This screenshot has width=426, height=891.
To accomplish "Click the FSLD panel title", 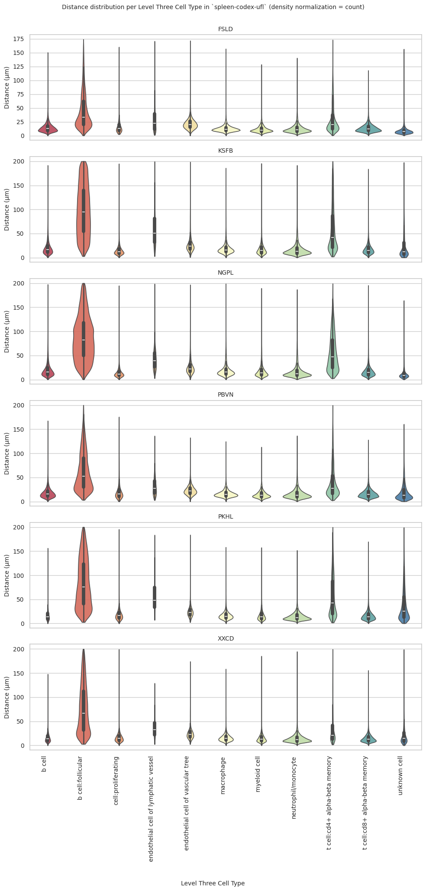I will tap(226, 29).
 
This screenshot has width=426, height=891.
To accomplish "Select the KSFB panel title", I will tap(226, 151).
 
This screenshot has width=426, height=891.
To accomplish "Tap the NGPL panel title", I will tap(226, 272).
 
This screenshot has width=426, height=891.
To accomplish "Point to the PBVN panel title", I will tap(226, 394).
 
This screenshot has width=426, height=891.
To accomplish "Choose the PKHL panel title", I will tap(226, 516).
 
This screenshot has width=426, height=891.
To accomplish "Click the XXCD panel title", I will tap(226, 638).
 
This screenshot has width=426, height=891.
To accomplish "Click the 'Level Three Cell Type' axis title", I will tap(213, 880).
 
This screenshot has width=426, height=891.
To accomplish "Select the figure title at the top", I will tap(213, 7).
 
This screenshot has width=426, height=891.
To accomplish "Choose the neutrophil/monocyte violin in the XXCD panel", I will tap(297, 740).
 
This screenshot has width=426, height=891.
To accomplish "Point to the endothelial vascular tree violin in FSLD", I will tap(190, 124).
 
